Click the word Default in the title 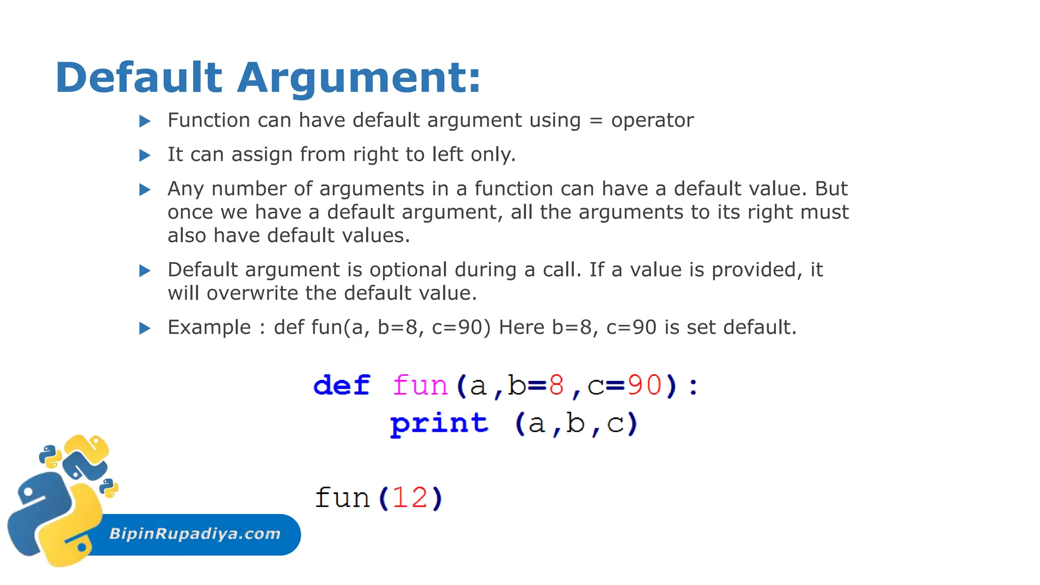(x=139, y=78)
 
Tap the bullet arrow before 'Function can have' (x=145, y=121)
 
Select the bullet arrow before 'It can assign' (x=145, y=155)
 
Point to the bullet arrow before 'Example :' (x=145, y=328)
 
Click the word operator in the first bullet (x=652, y=121)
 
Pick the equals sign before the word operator (x=596, y=121)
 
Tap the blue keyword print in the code (x=439, y=424)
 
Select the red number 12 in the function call (x=410, y=498)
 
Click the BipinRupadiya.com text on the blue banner (x=195, y=534)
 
